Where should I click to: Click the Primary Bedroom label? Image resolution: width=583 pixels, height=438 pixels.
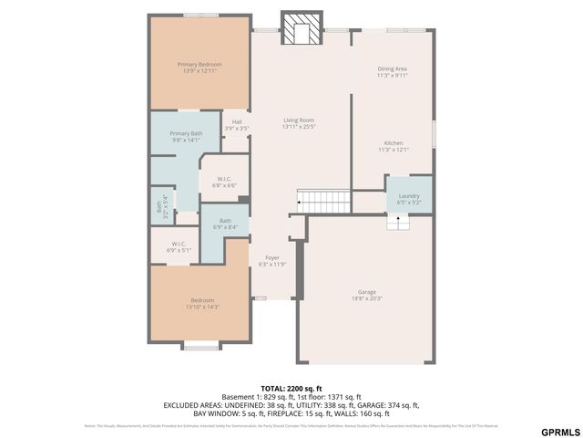click(x=199, y=68)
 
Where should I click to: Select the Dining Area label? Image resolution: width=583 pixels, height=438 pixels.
click(x=392, y=72)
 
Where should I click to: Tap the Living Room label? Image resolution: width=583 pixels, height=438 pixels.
click(x=299, y=123)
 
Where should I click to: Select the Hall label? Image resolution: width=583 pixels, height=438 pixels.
click(x=237, y=125)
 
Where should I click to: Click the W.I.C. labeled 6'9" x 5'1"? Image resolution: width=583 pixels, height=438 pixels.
click(x=179, y=246)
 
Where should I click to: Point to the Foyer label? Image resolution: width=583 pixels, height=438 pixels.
click(x=272, y=261)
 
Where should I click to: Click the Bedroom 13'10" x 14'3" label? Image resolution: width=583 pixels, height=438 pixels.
click(x=201, y=304)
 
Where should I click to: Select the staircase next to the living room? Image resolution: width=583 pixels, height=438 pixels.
click(x=324, y=199)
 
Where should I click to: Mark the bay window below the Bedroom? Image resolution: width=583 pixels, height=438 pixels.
click(x=200, y=346)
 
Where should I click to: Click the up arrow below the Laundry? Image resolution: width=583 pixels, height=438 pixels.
click(x=397, y=222)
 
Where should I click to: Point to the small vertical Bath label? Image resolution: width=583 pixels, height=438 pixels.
click(x=160, y=205)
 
